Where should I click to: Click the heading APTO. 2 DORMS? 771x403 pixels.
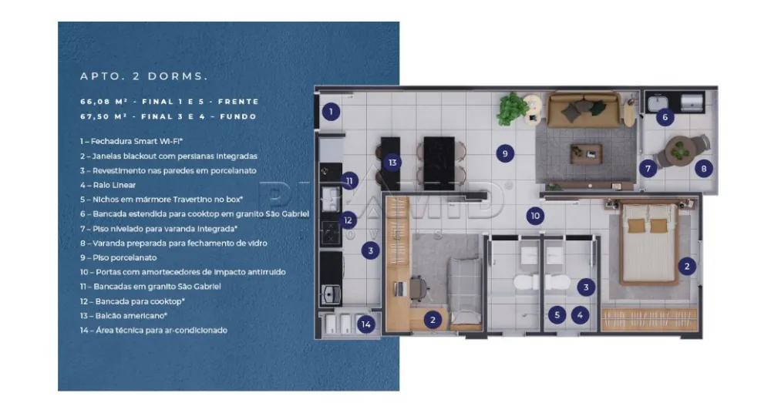pyautogui.click(x=143, y=77)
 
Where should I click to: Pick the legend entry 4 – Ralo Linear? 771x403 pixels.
pyautogui.click(x=108, y=185)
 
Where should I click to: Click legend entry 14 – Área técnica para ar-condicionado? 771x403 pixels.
pyautogui.click(x=153, y=330)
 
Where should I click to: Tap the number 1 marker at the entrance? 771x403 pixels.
pyautogui.click(x=331, y=113)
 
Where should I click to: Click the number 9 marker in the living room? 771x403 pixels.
pyautogui.click(x=505, y=153)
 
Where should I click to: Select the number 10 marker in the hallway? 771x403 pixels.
pyautogui.click(x=535, y=216)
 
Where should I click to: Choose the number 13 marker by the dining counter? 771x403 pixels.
pyautogui.click(x=392, y=163)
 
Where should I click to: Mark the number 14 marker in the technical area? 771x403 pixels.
pyautogui.click(x=366, y=324)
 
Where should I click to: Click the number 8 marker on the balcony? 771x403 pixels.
pyautogui.click(x=702, y=167)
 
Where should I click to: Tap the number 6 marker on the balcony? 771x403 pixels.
pyautogui.click(x=665, y=118)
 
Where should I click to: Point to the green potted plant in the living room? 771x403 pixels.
pyautogui.click(x=512, y=109)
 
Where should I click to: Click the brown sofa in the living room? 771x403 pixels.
pyautogui.click(x=583, y=110)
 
